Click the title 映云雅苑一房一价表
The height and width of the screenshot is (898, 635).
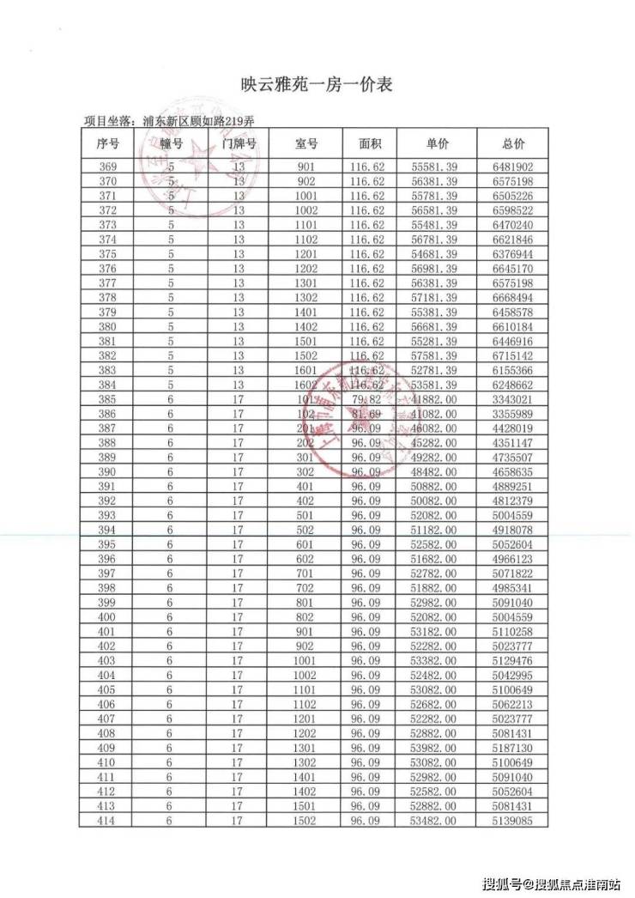(317, 85)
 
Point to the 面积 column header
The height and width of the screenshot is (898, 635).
(367, 144)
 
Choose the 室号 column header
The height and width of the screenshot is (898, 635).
(306, 144)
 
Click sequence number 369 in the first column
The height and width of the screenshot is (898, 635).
(109, 167)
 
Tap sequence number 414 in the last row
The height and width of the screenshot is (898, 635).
(109, 822)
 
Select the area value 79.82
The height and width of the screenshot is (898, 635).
(367, 399)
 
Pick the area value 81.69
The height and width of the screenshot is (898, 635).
(367, 414)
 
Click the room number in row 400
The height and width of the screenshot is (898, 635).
(306, 617)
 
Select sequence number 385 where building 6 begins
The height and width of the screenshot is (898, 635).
(109, 399)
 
